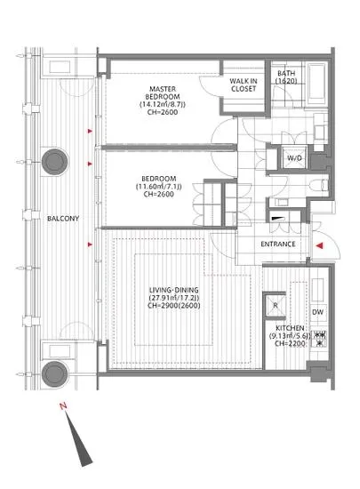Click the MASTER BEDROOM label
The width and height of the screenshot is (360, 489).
coord(163,92)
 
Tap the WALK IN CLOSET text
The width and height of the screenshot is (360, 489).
coord(244,84)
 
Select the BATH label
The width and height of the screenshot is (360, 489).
coord(286,73)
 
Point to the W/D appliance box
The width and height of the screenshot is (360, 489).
coord(294,157)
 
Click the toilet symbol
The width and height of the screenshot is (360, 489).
coord(319,186)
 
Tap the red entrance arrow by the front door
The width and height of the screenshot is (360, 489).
coord(319,245)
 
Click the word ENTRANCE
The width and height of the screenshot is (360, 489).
coord(278,244)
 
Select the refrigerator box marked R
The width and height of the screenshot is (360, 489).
coord(275,305)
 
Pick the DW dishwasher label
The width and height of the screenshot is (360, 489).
coord(317,312)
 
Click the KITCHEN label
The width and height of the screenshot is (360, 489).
coord(290,328)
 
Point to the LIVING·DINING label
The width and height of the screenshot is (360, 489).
coord(173,290)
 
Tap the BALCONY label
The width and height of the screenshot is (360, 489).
coord(63,219)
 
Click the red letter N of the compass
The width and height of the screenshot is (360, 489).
coord(63,406)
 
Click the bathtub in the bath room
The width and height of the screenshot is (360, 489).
coord(317,84)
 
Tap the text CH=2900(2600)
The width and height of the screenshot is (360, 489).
coord(173,305)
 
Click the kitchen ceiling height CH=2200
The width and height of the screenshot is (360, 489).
coord(290,343)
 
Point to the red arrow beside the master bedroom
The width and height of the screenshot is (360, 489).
coord(90,131)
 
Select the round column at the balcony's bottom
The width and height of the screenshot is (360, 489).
coord(55,373)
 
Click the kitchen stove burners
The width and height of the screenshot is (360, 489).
coord(318,339)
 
